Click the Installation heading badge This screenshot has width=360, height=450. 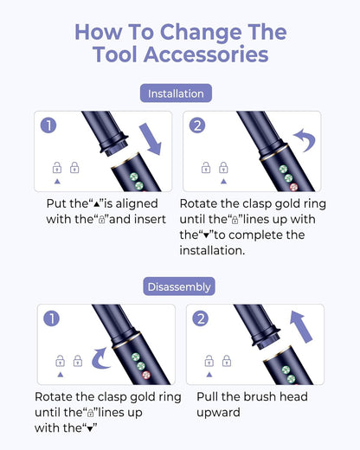coord(176,93)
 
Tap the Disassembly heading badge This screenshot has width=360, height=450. coord(179,286)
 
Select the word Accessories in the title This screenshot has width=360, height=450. coord(206,55)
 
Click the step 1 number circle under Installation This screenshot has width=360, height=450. coord(48,125)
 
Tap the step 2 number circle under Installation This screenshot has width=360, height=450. coord(197,125)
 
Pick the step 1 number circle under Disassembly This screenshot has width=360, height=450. coord(52,318)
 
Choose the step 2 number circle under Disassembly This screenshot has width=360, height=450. coord(201,318)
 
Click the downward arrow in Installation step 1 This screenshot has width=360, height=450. coord(151,139)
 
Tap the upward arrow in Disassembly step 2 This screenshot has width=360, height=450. coord(301,326)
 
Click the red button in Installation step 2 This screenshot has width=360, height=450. coord(293,187)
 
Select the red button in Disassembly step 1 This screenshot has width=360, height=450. coord(146,375)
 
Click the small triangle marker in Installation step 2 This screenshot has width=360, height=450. coord(223,182)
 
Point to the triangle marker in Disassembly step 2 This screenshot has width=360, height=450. coord(209,375)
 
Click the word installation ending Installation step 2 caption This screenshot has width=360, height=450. coord(212,250)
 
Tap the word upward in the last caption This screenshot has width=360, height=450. coord(218,413)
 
